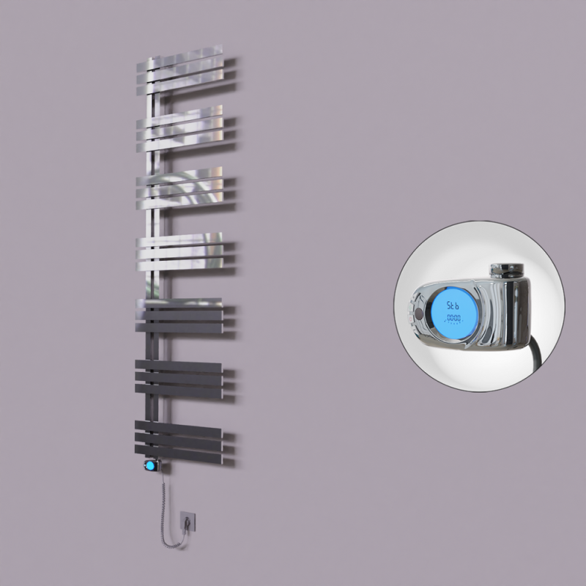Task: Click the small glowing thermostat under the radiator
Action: tap(149, 465)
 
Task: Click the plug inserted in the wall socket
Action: tap(189, 522)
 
